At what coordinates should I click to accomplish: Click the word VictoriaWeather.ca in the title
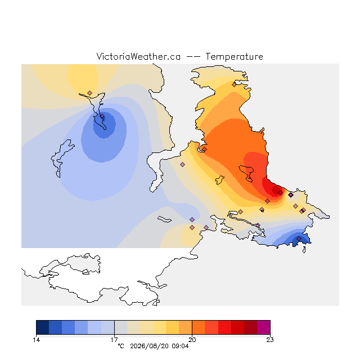point(138,56)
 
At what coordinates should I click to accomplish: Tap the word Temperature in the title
point(234,56)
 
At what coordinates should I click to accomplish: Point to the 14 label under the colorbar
point(36,340)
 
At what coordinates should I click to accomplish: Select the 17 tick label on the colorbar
point(114,340)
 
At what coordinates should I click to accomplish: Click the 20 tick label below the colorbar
point(192,340)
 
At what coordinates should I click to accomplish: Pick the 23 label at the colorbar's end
point(270,340)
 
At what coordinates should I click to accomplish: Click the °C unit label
point(121,346)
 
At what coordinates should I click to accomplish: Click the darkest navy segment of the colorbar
point(43,327)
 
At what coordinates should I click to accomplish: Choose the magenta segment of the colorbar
point(264,327)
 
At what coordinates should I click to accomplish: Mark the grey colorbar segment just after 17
point(121,327)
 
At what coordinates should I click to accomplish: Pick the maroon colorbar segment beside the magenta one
point(250,327)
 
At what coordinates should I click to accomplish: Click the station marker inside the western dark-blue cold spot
point(102,116)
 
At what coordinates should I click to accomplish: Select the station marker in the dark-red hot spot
point(280,192)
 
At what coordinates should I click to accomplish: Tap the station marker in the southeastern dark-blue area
point(299,238)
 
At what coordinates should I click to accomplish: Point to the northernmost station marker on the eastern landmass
point(234,85)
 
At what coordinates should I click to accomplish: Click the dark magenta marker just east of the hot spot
point(291,195)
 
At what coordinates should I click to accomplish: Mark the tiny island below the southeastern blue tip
point(304,250)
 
